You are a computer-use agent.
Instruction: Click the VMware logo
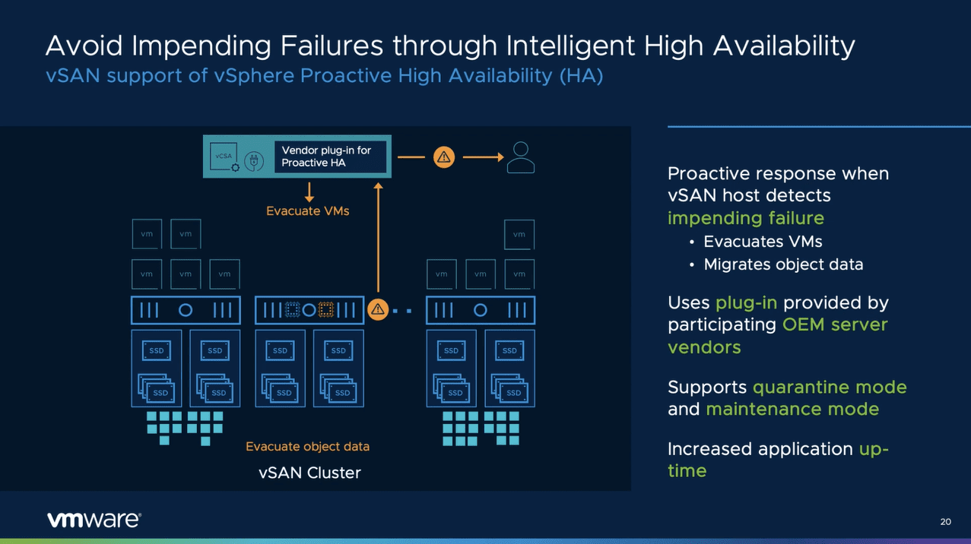tap(94, 520)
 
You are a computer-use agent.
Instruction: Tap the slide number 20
tap(945, 522)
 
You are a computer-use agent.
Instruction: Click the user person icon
tap(521, 157)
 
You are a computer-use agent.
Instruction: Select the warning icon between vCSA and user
tap(444, 157)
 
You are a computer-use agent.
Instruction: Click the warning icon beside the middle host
tap(378, 310)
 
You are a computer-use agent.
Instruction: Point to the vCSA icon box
tap(224, 156)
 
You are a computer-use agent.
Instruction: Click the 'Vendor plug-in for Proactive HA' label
tap(327, 157)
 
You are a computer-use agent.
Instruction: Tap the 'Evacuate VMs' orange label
tap(307, 211)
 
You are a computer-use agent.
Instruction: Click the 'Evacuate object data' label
tap(307, 447)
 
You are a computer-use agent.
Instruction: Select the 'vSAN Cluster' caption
tap(309, 473)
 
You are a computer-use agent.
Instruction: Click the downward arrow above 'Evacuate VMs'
tap(309, 191)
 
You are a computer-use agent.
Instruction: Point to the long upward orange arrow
tap(377, 239)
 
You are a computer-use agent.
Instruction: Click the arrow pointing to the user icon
tap(483, 157)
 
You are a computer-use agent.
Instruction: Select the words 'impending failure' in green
tap(745, 218)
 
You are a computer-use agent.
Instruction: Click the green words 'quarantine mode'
tap(830, 387)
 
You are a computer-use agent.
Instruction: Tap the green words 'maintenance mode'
tap(792, 409)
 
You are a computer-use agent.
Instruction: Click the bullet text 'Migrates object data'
tap(783, 264)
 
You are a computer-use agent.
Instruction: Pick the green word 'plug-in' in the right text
tap(746, 302)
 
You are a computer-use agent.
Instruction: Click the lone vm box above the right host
tap(519, 234)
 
